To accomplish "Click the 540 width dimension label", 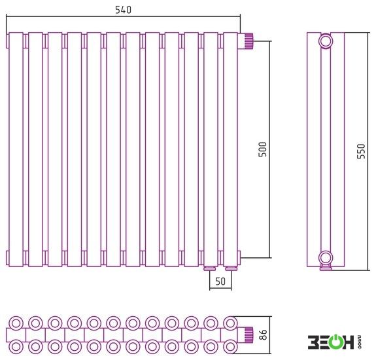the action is tap(123, 10).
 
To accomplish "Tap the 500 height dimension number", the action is tap(263, 149).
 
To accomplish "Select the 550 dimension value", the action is tap(361, 151).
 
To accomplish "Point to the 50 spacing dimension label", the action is tap(220, 281).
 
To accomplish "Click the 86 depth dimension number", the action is tap(263, 334).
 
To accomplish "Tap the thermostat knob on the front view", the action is tap(248, 41).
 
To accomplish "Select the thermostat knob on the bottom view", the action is tap(248, 334).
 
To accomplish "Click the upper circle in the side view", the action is tap(326, 41).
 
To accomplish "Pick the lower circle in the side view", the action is tap(326, 258).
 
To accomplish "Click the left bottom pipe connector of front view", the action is tap(210, 268).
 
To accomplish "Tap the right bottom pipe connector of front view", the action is tap(231, 268).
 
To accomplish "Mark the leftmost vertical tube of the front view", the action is tap(16, 149).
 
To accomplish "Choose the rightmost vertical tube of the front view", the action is tap(230, 149).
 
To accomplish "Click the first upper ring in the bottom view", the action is tap(16, 323).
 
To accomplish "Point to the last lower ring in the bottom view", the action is tap(230, 346).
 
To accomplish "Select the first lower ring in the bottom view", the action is tap(16, 346).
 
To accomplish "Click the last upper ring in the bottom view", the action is tap(230, 323).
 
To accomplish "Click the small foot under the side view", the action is tap(326, 268).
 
